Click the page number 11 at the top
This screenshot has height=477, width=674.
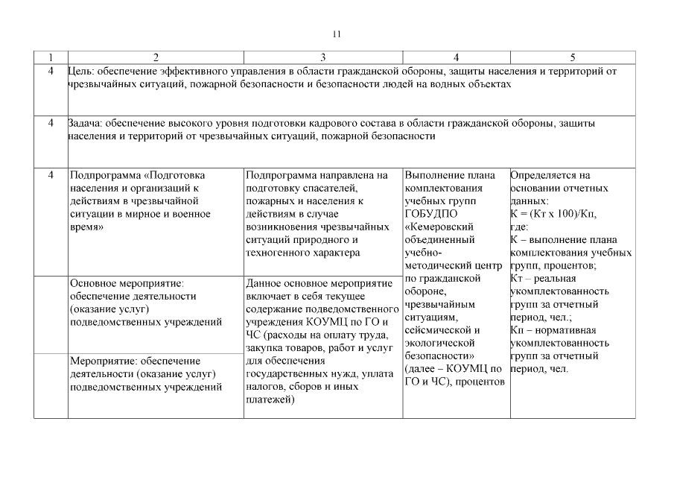pyautogui.click(x=337, y=34)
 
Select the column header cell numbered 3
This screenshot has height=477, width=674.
pyautogui.click(x=322, y=57)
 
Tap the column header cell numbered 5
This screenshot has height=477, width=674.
pyautogui.click(x=572, y=57)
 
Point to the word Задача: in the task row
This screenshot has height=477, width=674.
pyautogui.click(x=85, y=123)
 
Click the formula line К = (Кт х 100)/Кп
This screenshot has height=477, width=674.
pyautogui.click(x=553, y=214)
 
